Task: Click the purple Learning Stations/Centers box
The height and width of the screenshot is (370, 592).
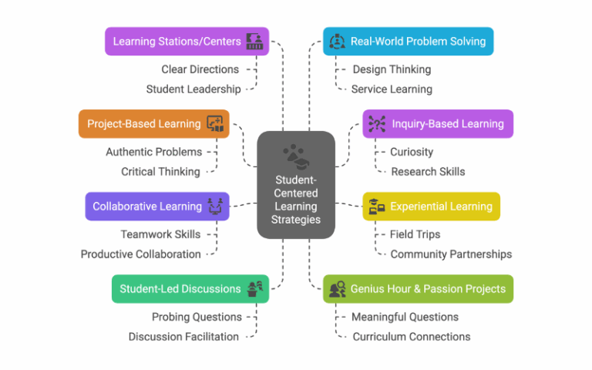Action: [x=187, y=42]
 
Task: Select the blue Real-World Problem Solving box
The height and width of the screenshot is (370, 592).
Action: [x=408, y=42]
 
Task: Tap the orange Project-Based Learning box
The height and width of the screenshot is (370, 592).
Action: [x=153, y=123]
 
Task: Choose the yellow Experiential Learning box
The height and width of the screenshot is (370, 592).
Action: [x=431, y=207]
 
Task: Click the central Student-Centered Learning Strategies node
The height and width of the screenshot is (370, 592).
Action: [x=296, y=185]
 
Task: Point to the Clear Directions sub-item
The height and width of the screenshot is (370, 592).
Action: [x=200, y=69]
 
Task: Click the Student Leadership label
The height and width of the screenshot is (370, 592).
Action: [x=193, y=89]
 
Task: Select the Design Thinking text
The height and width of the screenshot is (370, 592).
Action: [x=392, y=69]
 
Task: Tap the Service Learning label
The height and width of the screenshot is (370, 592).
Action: [x=392, y=89]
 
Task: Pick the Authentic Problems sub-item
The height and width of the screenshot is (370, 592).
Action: [x=154, y=152]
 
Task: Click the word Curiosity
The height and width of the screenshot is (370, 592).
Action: [x=412, y=152]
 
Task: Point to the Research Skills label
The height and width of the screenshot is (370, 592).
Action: [x=428, y=171]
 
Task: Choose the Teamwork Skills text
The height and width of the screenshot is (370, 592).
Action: [x=160, y=234]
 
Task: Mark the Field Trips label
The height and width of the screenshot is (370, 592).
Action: [x=415, y=234]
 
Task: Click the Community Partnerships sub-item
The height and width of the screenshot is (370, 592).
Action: [x=451, y=254]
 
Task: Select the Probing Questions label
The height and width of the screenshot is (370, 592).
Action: [x=197, y=317]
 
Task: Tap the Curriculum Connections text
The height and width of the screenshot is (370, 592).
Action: [x=411, y=336]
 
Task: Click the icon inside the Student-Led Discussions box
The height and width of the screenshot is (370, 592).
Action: [x=255, y=290]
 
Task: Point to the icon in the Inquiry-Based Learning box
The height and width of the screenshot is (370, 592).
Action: [x=377, y=124]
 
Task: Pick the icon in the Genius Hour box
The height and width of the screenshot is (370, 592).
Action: [x=338, y=290]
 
